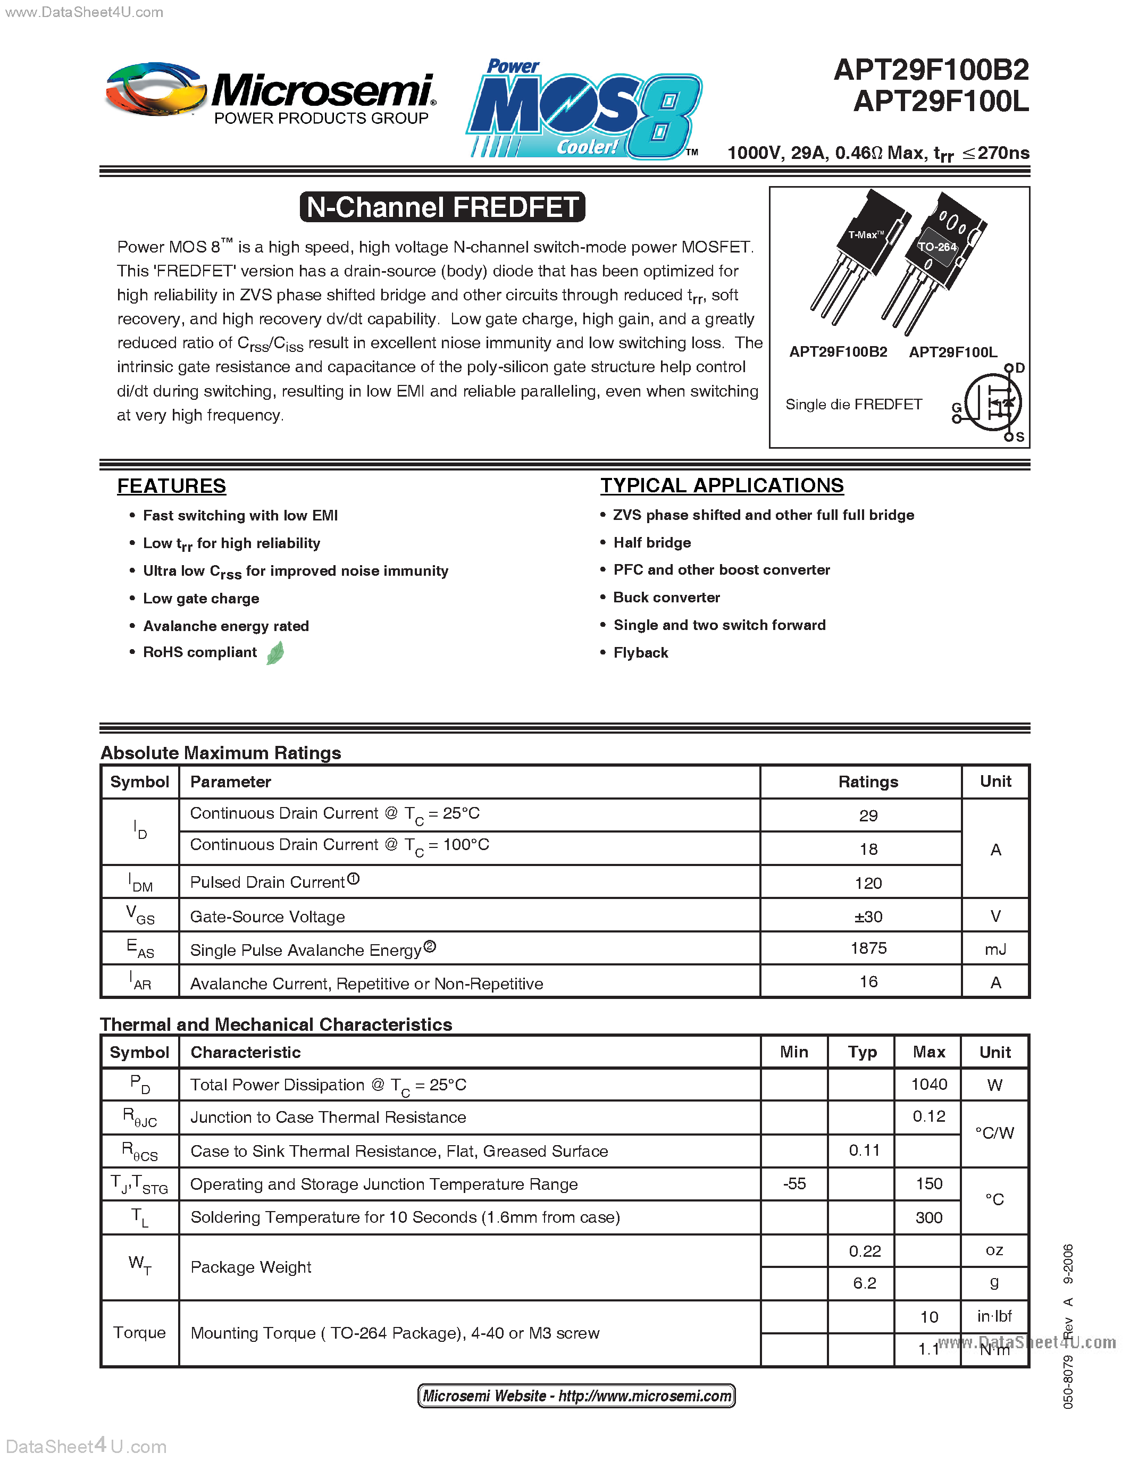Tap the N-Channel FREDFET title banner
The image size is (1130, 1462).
pyautogui.click(x=442, y=207)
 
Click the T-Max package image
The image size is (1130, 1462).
pyautogui.click(x=860, y=254)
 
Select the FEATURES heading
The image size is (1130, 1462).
pyautogui.click(x=171, y=485)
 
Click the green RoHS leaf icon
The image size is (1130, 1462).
pyautogui.click(x=275, y=653)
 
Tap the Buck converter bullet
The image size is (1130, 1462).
pyautogui.click(x=666, y=597)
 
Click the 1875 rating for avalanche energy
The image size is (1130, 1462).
pyautogui.click(x=868, y=948)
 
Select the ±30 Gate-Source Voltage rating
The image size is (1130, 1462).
pyautogui.click(x=868, y=917)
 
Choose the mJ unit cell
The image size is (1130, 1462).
pyautogui.click(x=995, y=949)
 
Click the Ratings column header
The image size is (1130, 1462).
pyautogui.click(x=868, y=782)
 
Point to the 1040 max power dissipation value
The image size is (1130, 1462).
pyautogui.click(x=928, y=1084)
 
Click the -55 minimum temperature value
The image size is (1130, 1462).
pyautogui.click(x=794, y=1183)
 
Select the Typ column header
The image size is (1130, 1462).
pyautogui.click(x=861, y=1052)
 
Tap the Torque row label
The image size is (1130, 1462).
pyautogui.click(x=139, y=1332)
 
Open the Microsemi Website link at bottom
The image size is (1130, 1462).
pyautogui.click(x=576, y=1396)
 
